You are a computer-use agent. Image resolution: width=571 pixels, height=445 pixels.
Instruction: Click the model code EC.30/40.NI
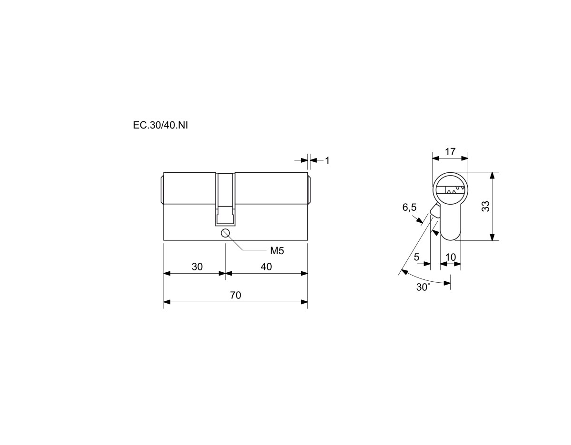point(160,125)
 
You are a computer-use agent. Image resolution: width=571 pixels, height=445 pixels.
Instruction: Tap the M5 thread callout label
point(277,251)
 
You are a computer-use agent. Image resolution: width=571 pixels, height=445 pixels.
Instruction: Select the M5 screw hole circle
point(226,233)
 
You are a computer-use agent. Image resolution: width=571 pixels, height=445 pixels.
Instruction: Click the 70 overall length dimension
point(236,295)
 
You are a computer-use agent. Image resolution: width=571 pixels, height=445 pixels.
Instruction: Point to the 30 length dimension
point(197,267)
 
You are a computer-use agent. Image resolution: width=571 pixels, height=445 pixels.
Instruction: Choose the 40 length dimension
point(266,267)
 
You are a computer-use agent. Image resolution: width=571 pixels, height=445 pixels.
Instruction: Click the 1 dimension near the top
point(327,160)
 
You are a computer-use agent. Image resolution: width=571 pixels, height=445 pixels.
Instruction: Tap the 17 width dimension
point(450,152)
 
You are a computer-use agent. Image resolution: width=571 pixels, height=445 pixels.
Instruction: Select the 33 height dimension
point(486,206)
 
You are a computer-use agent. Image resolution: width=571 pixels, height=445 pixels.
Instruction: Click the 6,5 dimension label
point(409,208)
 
